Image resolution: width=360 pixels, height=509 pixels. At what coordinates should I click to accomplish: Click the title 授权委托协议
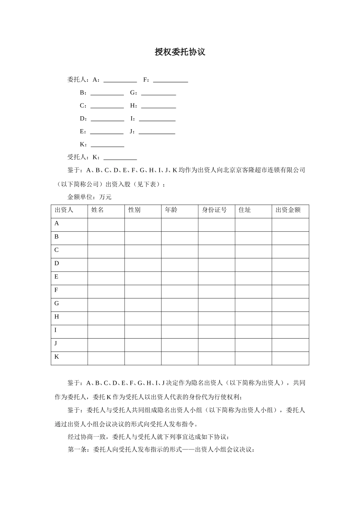pos(180,52)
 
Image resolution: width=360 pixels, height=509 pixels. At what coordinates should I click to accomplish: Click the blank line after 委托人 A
pos(120,80)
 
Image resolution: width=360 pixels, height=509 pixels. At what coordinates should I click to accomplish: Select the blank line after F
pos(171,80)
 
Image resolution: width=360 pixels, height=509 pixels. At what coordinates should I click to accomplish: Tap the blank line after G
pos(158,93)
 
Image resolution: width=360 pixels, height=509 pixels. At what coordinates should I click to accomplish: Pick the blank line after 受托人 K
pos(120,158)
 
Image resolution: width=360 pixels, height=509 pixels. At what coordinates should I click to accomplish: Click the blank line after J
pos(157,132)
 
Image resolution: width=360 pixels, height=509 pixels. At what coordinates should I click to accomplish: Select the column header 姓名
pos(97,210)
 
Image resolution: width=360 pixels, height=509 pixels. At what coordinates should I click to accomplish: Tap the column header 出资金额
pos(288,210)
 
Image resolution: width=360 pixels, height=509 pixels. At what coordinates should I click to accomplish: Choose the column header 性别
pos(135,210)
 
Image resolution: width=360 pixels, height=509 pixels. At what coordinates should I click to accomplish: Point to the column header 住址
pos(245,210)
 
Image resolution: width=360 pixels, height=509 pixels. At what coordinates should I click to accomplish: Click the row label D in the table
pos(57,263)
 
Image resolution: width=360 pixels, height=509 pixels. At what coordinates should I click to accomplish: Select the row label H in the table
pos(57,317)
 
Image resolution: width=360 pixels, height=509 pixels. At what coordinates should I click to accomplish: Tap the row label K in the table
pos(57,357)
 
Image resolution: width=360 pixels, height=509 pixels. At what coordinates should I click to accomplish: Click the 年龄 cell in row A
pos(180,225)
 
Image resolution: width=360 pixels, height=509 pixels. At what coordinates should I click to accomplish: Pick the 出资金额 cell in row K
pos(290,358)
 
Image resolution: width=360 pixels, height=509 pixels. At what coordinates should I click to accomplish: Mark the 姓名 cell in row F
pos(106,292)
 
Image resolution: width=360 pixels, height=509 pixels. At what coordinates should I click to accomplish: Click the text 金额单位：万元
pos(89,197)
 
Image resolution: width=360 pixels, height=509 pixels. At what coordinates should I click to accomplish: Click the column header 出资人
pos(64,210)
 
